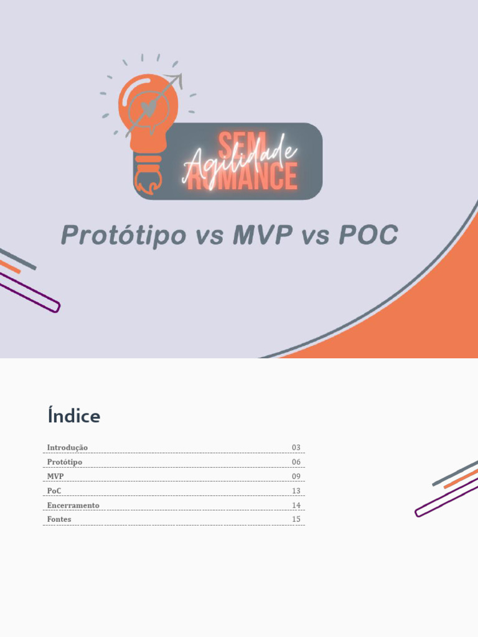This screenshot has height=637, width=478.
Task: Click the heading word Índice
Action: point(74,416)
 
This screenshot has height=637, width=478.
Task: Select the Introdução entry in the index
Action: point(67,447)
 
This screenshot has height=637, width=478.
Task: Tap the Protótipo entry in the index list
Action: point(65,462)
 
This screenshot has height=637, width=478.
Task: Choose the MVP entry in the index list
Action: point(55,477)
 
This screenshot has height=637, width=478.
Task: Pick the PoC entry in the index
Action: point(54,491)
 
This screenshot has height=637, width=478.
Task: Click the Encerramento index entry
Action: point(73,505)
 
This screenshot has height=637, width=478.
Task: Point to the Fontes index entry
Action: point(59,519)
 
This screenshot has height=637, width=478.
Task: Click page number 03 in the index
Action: point(296,447)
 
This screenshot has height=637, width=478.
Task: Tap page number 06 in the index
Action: point(296,462)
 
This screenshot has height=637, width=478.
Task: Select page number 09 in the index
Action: point(296,477)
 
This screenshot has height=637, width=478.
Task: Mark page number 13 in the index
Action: point(296,491)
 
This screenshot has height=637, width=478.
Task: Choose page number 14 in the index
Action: point(296,505)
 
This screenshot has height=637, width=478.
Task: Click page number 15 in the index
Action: point(296,519)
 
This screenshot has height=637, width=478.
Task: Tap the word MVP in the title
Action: point(263,236)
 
